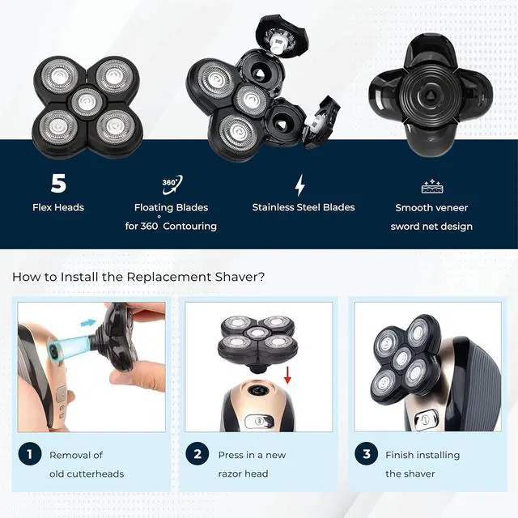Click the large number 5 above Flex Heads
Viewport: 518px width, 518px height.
point(58,184)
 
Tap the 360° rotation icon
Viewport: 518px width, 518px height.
point(172,183)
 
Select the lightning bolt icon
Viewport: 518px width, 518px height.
point(299,185)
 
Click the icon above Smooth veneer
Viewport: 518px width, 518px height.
point(431,187)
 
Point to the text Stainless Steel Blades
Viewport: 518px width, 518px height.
point(303,207)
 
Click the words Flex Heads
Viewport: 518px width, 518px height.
point(58,207)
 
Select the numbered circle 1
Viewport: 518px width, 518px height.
point(30,455)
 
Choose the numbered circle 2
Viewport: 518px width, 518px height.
point(198,455)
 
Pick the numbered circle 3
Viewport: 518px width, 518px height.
point(367,455)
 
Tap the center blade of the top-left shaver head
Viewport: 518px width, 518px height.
point(87,103)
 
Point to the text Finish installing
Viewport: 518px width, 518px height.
point(422,455)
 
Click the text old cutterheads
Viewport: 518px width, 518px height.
point(87,473)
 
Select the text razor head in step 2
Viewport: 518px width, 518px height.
point(243,473)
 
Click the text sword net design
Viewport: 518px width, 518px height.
point(431,227)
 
